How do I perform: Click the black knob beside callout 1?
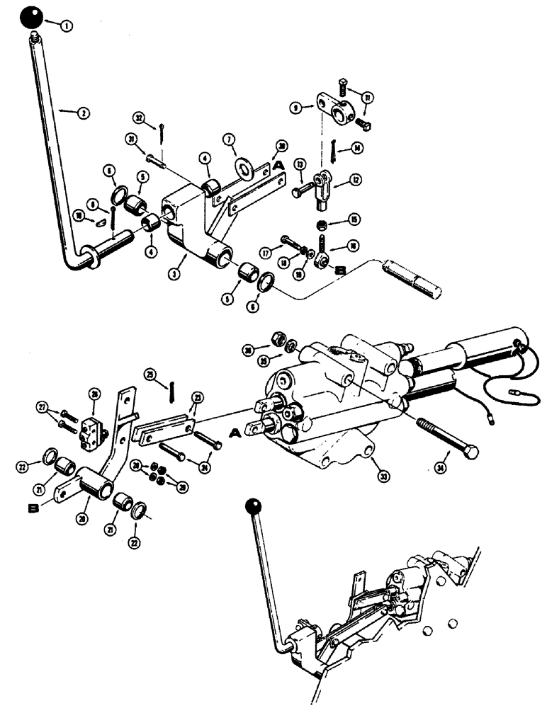32,19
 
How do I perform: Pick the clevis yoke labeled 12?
324,186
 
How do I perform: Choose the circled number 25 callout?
150,373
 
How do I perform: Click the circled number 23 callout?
198,396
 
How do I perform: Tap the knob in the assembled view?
252,506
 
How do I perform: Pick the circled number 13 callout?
300,166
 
